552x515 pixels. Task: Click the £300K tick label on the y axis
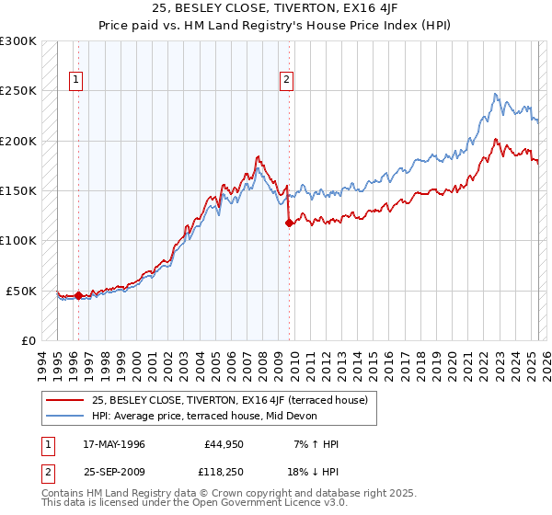[18, 41]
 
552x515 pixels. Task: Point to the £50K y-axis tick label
[22, 291]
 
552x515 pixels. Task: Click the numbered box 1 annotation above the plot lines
[75, 80]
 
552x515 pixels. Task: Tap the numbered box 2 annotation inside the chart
[287, 80]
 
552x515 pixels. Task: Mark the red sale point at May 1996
[78, 296]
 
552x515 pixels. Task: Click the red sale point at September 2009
[290, 223]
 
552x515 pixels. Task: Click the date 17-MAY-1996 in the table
[115, 443]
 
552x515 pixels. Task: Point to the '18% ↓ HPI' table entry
[312, 472]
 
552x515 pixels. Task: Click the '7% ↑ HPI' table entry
[315, 443]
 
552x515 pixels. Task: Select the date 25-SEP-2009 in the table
[115, 472]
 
